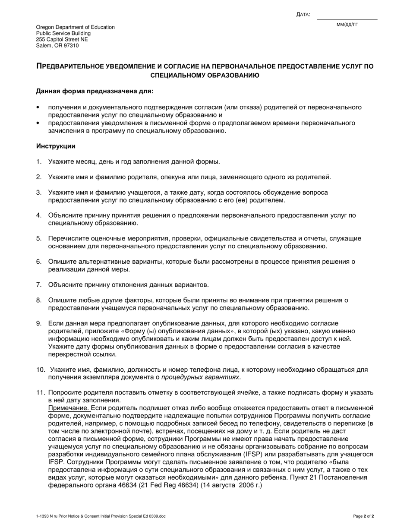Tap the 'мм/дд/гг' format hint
click(x=347, y=25)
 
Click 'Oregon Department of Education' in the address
click(x=76, y=27)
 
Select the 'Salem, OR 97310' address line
click(x=57, y=45)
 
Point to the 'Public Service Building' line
click(x=63, y=33)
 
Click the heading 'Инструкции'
click(x=56, y=146)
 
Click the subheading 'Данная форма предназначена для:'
click(x=95, y=92)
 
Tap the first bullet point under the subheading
click(x=38, y=107)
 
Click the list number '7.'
click(x=39, y=285)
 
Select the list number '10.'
click(x=41, y=370)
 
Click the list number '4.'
click(x=39, y=215)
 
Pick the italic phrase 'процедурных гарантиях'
click(x=200, y=377)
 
